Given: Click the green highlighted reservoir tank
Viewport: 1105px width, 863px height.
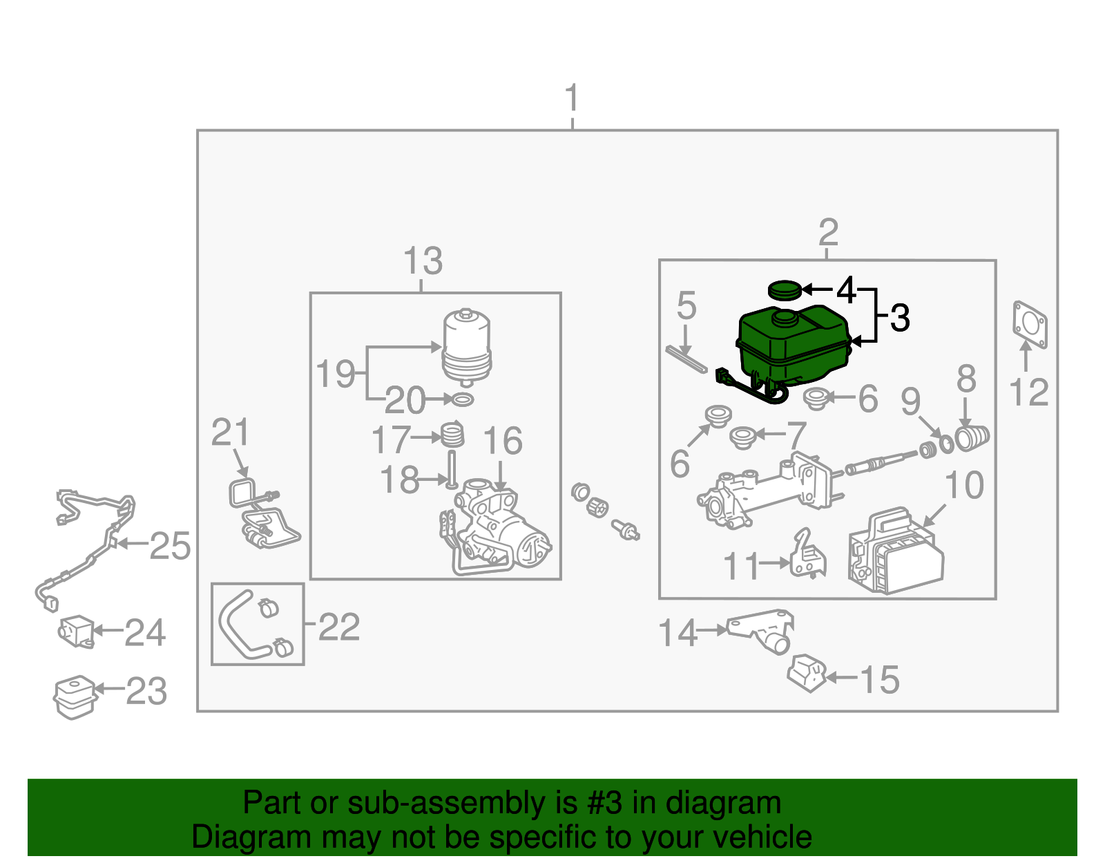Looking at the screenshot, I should point(793,345).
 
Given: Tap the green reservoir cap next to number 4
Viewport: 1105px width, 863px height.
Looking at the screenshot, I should point(784,290).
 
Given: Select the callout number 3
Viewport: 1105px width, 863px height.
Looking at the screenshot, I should point(900,319).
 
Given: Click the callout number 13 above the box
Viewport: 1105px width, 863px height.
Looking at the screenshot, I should point(422,262).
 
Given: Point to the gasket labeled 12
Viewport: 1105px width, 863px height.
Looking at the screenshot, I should point(1030,323).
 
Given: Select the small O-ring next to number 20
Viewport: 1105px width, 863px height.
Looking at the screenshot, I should point(462,399).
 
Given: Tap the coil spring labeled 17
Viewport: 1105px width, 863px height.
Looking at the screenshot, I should point(453,435).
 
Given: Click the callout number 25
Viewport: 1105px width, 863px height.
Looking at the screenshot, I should point(170,547).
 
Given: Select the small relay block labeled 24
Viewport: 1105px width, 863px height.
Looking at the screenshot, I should point(76,631).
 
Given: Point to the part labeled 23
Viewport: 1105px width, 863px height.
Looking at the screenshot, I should point(74,696).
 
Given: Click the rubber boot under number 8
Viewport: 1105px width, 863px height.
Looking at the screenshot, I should point(972,438).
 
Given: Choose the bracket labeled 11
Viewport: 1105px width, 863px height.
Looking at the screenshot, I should point(807,555).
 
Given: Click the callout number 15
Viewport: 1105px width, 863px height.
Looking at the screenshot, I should point(879,680).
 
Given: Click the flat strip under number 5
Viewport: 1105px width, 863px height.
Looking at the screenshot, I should point(686,359).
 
